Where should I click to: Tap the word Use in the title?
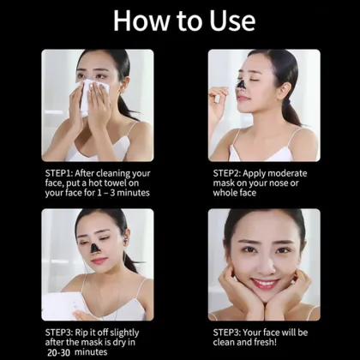(226, 21)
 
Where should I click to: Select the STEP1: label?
(62, 171)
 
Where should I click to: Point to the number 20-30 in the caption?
(59, 351)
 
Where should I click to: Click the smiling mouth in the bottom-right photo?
(265, 284)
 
